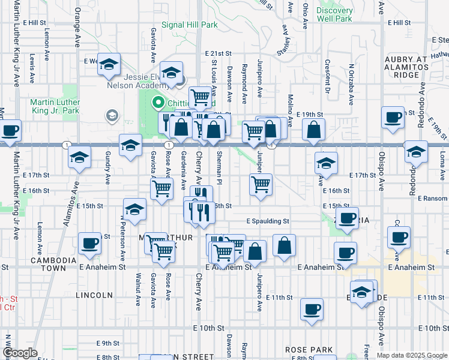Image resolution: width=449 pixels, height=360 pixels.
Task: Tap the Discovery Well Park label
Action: point(335,14)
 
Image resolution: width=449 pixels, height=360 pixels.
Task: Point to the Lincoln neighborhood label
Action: point(94,295)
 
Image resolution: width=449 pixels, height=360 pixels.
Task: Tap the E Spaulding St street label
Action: point(268,221)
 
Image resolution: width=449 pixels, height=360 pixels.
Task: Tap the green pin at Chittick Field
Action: point(159,103)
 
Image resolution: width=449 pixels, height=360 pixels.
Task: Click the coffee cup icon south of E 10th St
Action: point(312,310)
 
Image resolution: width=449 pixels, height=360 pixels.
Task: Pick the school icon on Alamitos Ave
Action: point(78,158)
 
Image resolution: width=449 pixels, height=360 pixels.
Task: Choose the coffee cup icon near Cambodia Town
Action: point(90,243)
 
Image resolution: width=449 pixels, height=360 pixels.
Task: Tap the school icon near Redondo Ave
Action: point(416,152)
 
